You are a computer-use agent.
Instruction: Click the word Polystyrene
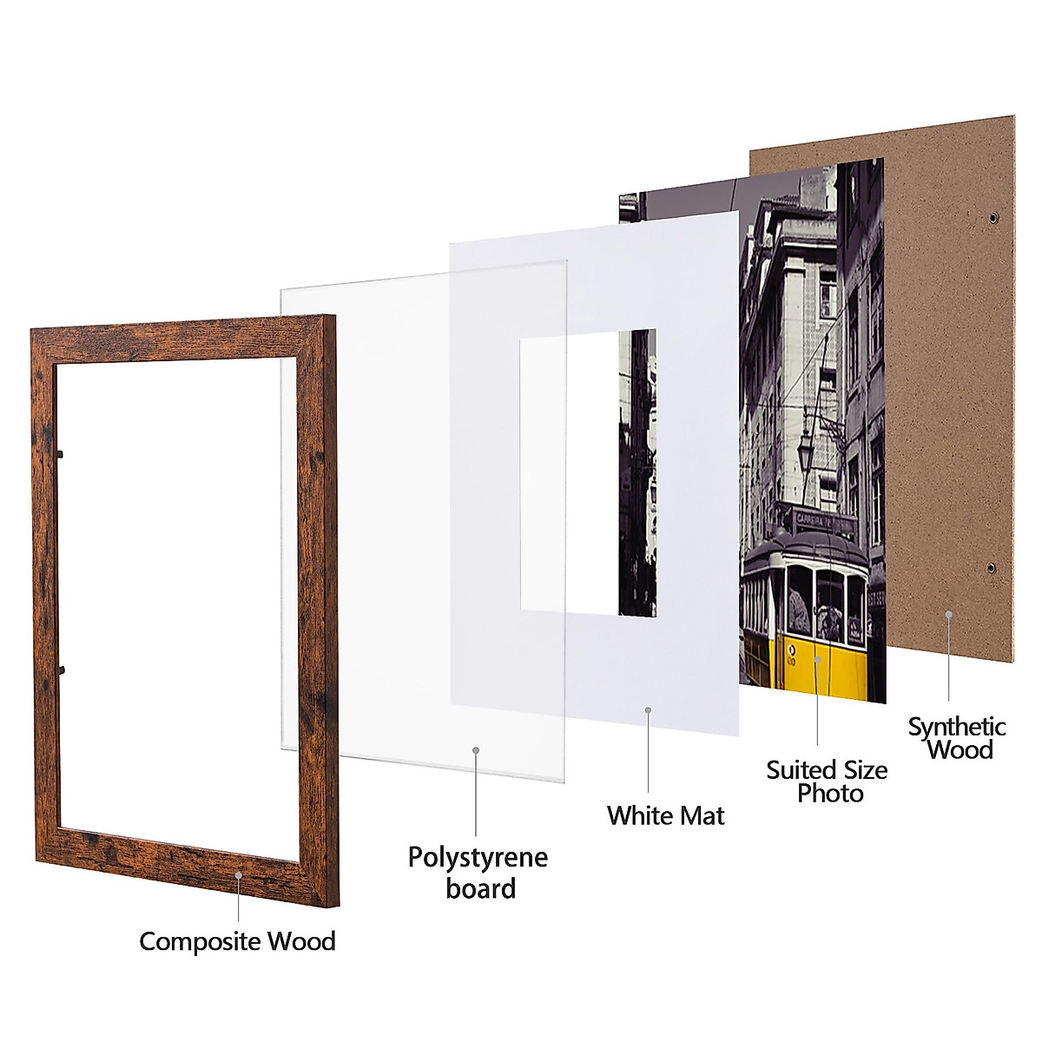pyautogui.click(x=478, y=858)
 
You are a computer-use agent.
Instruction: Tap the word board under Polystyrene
pyautogui.click(x=480, y=888)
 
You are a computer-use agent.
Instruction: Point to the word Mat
pyautogui.click(x=701, y=815)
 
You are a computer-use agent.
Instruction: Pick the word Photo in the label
pyautogui.click(x=830, y=793)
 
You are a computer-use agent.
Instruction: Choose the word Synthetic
pyautogui.click(x=957, y=726)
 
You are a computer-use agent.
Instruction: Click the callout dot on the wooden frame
pyautogui.click(x=239, y=876)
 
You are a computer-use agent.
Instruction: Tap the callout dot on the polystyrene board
pyautogui.click(x=476, y=749)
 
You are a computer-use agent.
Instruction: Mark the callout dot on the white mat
pyautogui.click(x=648, y=710)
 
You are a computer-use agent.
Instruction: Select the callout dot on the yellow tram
pyautogui.click(x=817, y=659)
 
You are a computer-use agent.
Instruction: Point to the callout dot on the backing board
pyautogui.click(x=949, y=614)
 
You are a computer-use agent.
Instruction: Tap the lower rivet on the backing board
pyautogui.click(x=992, y=569)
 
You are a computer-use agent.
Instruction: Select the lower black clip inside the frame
pyautogui.click(x=62, y=669)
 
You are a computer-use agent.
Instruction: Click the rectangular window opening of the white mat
pyautogui.click(x=569, y=473)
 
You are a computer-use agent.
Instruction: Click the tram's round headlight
pyautogui.click(x=791, y=649)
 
